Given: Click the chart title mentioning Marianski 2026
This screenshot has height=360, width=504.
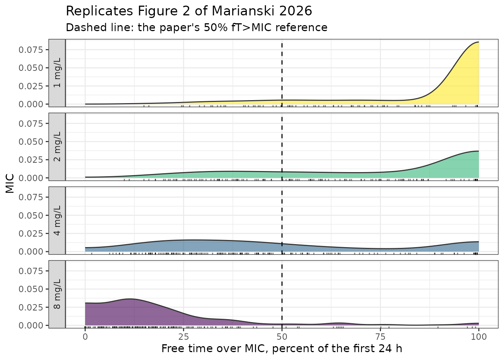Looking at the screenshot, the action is tap(189, 11).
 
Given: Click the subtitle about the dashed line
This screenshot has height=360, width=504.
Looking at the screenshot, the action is tap(196, 28).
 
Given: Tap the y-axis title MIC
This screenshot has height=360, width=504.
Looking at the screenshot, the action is tap(10, 184).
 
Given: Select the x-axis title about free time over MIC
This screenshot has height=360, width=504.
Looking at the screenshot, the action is tap(282, 348).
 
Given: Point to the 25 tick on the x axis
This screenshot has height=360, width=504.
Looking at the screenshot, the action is tap(183, 337).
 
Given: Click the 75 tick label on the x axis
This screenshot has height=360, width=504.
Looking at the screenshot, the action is tap(380, 337).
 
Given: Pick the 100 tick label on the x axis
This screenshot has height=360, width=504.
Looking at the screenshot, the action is tap(478, 337).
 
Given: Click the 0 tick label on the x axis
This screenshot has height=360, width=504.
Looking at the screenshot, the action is tap(85, 337).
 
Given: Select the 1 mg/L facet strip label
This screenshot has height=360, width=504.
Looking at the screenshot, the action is tap(57, 73).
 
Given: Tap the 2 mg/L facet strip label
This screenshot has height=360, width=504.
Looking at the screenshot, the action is tap(57, 147).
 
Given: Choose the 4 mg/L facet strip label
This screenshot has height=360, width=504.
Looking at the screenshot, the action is tap(57, 220).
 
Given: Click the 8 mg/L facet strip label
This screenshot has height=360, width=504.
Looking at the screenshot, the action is tap(57, 294).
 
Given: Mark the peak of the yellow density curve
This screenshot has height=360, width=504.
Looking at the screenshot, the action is tap(478, 42).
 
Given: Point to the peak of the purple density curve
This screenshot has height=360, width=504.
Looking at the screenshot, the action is tap(130, 299).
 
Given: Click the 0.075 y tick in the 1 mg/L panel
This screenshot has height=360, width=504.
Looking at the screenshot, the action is tap(31, 50).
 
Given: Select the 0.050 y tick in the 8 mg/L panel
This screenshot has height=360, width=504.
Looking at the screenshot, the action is tap(31, 289).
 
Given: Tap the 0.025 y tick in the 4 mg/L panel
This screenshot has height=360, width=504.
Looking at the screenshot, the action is tap(31, 234).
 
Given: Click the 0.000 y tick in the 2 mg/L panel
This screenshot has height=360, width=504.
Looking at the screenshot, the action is tap(31, 178).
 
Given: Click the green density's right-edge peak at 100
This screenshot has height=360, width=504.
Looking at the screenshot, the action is tap(478, 151).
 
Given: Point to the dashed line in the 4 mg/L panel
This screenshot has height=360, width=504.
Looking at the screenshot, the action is tap(282, 220).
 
